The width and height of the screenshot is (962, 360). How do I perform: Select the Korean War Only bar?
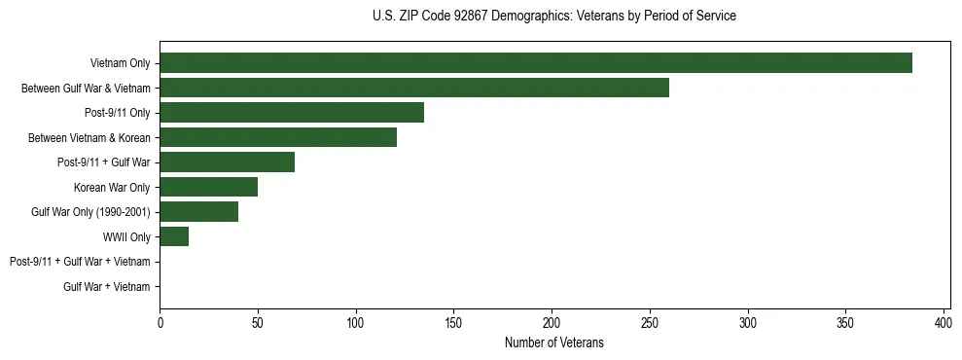[208, 187]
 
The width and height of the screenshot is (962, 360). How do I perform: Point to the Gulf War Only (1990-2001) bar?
[198, 212]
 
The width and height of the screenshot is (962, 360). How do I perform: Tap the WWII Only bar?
[174, 236]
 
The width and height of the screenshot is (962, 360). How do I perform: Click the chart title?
[554, 17]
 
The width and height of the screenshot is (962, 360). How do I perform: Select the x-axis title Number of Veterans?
[554, 342]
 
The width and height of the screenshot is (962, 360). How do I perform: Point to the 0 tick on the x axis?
[160, 322]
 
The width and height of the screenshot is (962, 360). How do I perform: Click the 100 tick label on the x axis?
[356, 322]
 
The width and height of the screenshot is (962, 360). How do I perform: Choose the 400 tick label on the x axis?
[944, 322]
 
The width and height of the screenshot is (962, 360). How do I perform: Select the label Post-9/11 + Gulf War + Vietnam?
[80, 262]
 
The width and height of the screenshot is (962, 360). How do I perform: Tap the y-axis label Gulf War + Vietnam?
[107, 287]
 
